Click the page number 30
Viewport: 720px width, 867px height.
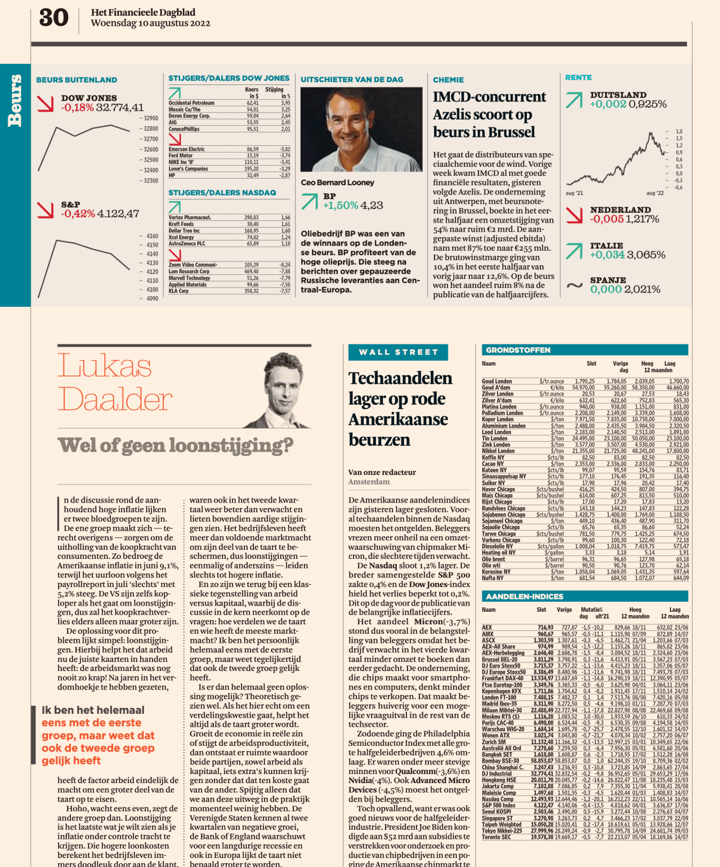53,18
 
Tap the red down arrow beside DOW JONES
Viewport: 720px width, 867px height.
45,103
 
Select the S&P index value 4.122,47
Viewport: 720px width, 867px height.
118,214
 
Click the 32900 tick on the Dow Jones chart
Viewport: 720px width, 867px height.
150,118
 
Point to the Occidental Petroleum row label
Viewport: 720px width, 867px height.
191,103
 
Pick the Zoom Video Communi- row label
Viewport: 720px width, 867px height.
193,265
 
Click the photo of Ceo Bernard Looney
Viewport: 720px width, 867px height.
354,130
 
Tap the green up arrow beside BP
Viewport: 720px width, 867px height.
309,201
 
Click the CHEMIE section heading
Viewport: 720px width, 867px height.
448,80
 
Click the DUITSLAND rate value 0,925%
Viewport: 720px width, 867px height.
647,104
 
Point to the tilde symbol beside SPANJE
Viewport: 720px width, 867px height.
574,286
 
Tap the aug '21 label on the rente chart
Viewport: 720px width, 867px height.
574,193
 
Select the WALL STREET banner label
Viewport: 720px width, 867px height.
399,352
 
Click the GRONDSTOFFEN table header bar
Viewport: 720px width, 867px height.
584,350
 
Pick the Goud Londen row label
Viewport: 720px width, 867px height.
497,381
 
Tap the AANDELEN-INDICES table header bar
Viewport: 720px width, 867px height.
584,597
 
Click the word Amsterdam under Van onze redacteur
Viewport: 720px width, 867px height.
369,482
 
